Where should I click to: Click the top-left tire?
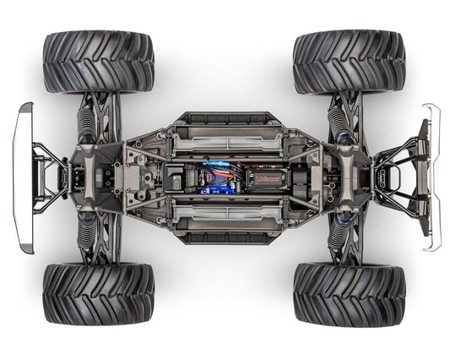pyautogui.click(x=98, y=62)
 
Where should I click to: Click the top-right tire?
pyautogui.click(x=349, y=62)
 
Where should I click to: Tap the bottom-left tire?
pyautogui.click(x=98, y=293)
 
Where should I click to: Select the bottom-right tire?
pyautogui.click(x=349, y=295)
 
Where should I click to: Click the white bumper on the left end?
pyautogui.click(x=24, y=177)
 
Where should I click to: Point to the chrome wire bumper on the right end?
pyautogui.click(x=432, y=177)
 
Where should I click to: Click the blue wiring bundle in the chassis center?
pyautogui.click(x=215, y=178)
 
